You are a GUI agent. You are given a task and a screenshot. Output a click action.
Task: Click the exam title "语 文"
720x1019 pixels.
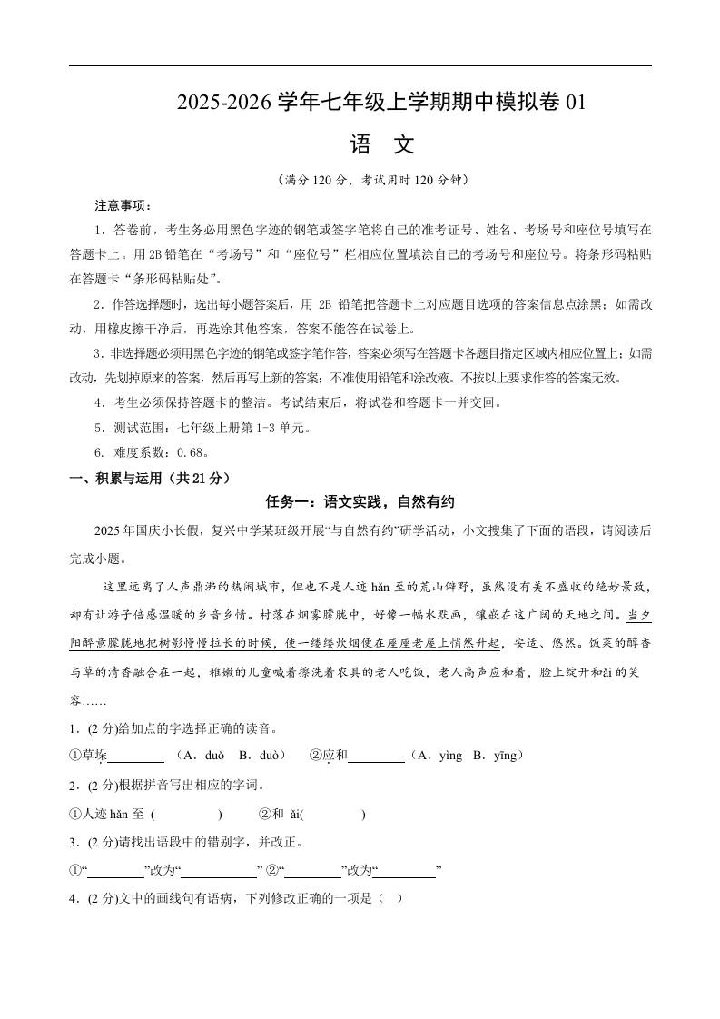click(x=381, y=145)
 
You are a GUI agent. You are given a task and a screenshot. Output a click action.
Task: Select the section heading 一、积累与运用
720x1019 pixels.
click(x=150, y=478)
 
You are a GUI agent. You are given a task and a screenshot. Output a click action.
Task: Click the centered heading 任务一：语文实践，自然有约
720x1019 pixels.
click(x=360, y=502)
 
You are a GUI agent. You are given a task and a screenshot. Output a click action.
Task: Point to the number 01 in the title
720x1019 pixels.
click(x=576, y=104)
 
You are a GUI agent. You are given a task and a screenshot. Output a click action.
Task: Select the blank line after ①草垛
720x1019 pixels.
click(x=136, y=757)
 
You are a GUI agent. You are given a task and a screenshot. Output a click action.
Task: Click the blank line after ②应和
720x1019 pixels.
click(x=376, y=757)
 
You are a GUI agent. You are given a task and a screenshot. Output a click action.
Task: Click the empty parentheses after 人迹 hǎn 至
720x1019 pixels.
click(x=187, y=816)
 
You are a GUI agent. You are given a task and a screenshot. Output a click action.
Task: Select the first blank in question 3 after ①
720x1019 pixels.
click(x=117, y=871)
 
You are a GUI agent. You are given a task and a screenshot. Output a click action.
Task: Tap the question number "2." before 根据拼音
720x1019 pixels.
click(x=74, y=786)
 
